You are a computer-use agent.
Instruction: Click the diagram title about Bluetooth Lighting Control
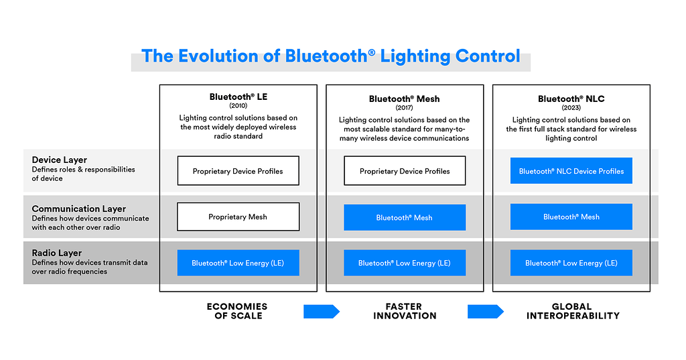330,56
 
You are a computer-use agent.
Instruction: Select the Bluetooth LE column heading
238,97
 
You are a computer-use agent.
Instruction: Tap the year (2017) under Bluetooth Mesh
404,108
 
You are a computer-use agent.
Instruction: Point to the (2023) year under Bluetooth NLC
571,107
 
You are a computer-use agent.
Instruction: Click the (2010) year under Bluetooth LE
238,106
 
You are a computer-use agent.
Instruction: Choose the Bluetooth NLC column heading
571,99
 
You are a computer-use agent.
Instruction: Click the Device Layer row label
60,160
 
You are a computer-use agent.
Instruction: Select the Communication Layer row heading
78,209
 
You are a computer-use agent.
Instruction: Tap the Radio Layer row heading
57,253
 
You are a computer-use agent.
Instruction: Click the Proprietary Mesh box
238,217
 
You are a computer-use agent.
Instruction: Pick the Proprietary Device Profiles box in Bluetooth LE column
238,171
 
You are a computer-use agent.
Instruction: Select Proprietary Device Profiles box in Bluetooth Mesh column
405,171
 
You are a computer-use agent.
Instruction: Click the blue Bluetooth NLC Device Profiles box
571,171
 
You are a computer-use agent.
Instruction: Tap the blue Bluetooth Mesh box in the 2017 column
405,217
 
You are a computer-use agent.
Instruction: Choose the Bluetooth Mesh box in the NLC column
571,217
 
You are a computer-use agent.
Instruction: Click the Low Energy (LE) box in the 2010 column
238,263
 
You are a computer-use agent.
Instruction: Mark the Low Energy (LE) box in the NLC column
571,263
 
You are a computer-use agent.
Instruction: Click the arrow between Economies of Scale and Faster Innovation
322,311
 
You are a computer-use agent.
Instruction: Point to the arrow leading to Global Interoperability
486,311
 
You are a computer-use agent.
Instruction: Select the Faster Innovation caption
404,311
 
